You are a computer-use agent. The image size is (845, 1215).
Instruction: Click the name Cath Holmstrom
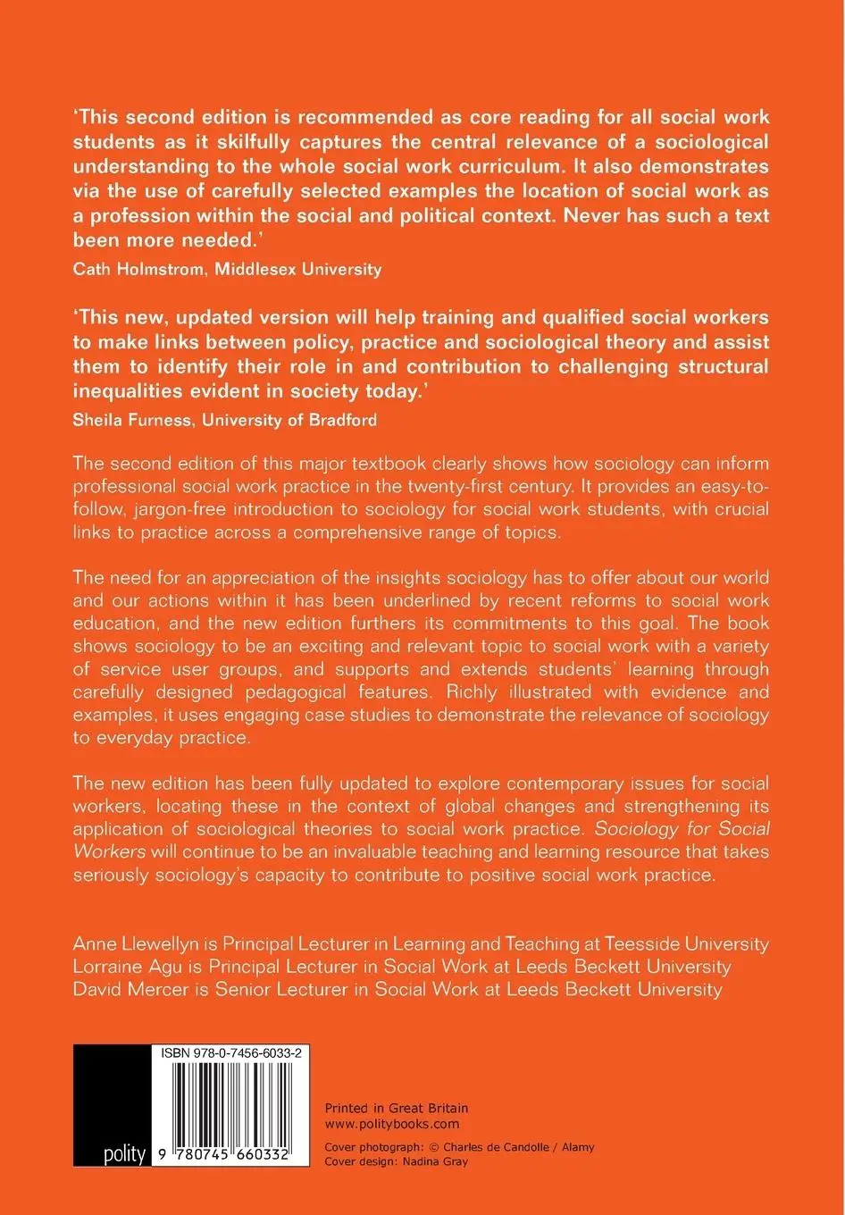point(134,269)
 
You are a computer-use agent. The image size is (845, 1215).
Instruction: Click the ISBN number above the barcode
point(231,1054)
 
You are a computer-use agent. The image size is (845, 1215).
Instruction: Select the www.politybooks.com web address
point(392,1124)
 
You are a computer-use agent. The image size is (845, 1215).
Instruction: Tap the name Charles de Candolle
point(501,1147)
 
